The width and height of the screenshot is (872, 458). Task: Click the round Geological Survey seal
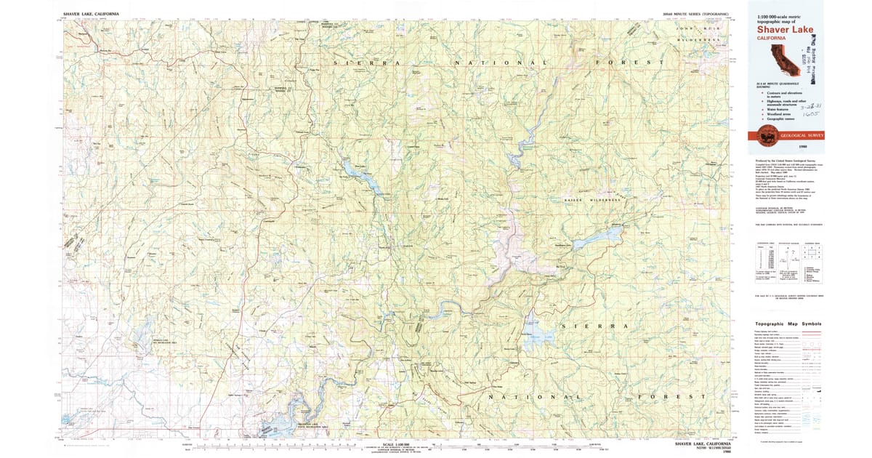[764, 136]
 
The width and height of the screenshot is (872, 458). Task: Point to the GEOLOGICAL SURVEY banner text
[802, 136]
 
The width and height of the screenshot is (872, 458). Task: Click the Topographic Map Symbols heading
[788, 324]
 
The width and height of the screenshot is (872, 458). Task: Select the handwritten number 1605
[821, 115]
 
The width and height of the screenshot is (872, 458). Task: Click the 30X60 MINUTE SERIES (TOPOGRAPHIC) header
[701, 14]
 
